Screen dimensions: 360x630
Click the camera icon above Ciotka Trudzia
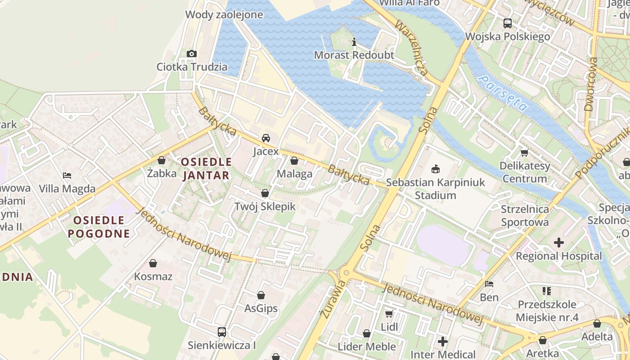click(191, 54)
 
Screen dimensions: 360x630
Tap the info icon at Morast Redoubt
click(354, 42)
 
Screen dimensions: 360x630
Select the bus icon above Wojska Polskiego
click(507, 23)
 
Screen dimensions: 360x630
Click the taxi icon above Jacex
click(266, 138)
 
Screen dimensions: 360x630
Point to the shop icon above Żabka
click(162, 160)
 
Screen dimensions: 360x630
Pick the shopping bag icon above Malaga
click(294, 161)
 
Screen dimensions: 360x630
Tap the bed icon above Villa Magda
click(67, 175)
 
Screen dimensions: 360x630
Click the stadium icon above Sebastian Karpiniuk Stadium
click(435, 170)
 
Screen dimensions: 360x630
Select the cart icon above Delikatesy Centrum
click(524, 153)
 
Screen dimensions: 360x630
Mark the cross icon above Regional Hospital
click(558, 243)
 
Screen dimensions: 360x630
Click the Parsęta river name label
click(503, 93)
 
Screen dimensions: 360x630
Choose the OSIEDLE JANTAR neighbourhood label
click(207, 168)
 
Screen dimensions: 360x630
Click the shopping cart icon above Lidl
click(389, 314)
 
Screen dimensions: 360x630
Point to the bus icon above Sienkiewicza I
click(222, 332)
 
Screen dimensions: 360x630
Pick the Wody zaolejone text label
click(224, 14)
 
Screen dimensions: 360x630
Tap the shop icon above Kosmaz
click(153, 263)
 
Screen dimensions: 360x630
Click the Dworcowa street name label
click(591, 84)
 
